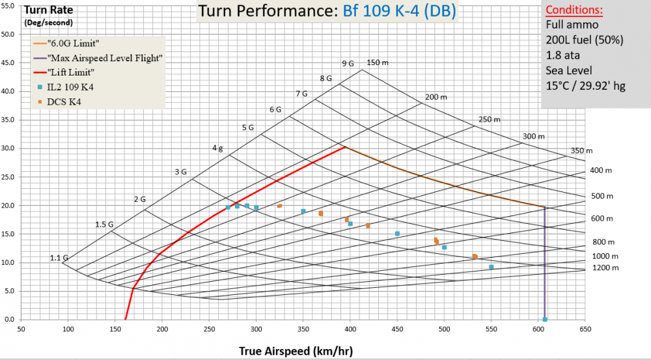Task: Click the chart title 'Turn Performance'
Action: (x=268, y=12)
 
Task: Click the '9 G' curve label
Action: (x=348, y=63)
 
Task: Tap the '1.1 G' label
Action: (x=59, y=258)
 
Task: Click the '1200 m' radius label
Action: (x=605, y=268)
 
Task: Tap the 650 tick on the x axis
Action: (x=585, y=330)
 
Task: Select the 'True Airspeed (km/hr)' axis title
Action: (x=296, y=351)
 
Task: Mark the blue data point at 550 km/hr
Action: (x=491, y=267)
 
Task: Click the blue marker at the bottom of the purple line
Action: (x=545, y=319)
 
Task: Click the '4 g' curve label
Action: (x=217, y=148)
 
